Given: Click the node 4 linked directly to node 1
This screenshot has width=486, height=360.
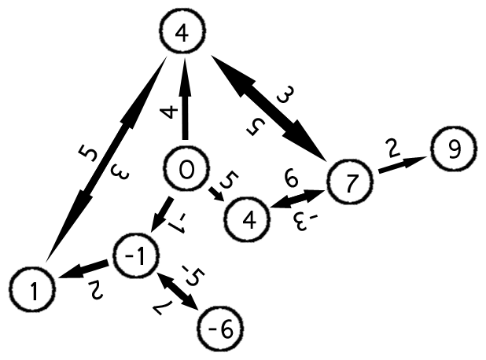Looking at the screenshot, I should [x=182, y=33].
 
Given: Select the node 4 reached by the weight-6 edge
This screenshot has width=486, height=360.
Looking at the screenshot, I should [x=246, y=218].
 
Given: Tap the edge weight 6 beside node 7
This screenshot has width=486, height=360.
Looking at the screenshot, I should [x=291, y=181].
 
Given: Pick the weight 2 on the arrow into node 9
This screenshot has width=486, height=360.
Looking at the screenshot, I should [x=392, y=147].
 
